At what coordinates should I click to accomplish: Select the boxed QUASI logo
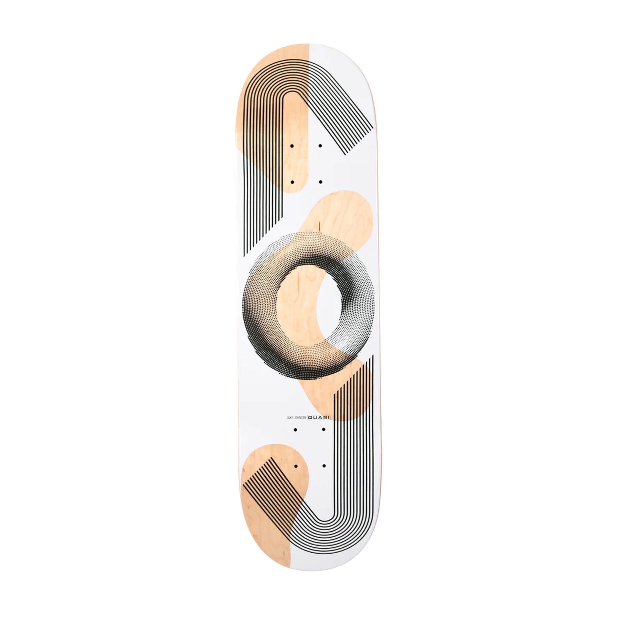tap(318, 417)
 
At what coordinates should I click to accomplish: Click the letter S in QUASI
tap(322, 417)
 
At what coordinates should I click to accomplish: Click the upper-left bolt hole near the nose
tap(292, 146)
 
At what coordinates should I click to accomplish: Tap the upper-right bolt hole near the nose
tap(320, 146)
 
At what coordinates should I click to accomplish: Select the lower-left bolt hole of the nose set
tap(292, 182)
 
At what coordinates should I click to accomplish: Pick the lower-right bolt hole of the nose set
tap(320, 182)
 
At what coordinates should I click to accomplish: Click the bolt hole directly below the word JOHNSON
tap(295, 430)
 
